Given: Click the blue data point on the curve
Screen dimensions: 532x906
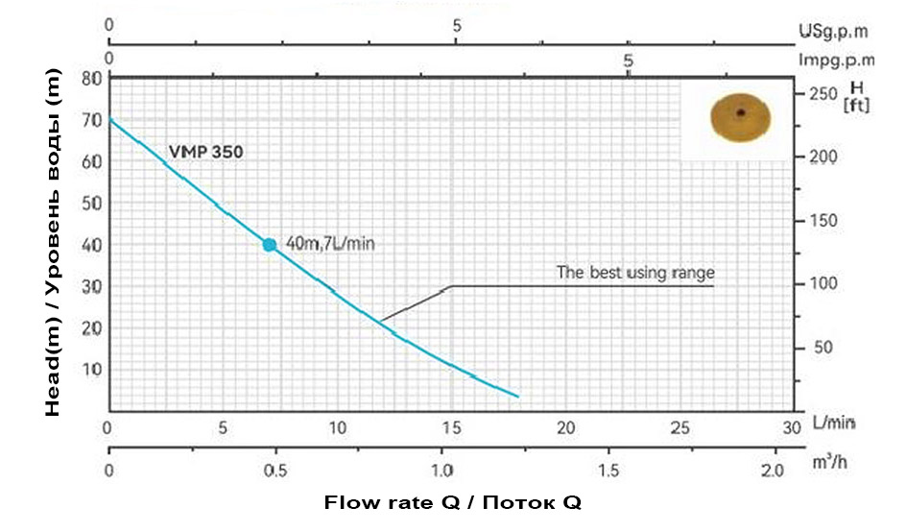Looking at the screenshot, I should pyautogui.click(x=270, y=245).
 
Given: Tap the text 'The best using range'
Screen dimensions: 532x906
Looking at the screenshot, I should pyautogui.click(x=635, y=273).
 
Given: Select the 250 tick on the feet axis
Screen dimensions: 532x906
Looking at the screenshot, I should pyautogui.click(x=823, y=94).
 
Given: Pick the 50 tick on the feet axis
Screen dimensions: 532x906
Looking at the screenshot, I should pyautogui.click(x=823, y=347).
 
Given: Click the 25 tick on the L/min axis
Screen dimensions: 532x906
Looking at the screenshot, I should pyautogui.click(x=680, y=426).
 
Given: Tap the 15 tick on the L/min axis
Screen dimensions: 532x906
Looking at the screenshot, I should pyautogui.click(x=451, y=426).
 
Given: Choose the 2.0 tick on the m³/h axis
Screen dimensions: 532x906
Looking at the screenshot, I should pyautogui.click(x=773, y=472).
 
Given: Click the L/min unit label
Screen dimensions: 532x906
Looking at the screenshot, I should pyautogui.click(x=833, y=423).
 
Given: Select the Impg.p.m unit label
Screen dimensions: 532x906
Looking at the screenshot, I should pyautogui.click(x=837, y=60).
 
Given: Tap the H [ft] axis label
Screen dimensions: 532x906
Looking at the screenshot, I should pyautogui.click(x=855, y=97).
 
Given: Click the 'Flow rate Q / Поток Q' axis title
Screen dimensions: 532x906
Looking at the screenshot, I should pyautogui.click(x=452, y=502).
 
